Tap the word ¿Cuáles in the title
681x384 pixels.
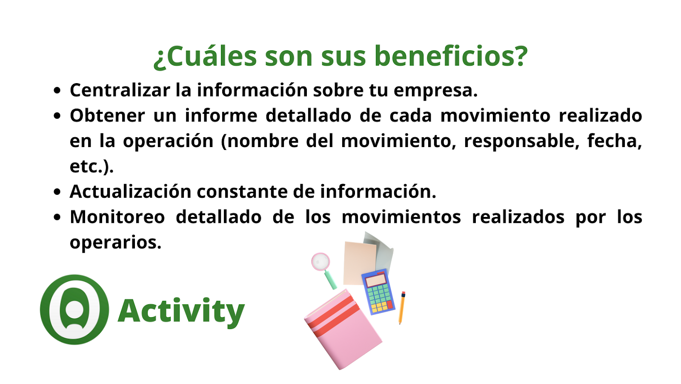click(206, 57)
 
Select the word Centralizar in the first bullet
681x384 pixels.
click(120, 90)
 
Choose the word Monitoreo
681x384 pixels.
click(117, 217)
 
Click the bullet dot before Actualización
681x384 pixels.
click(57, 192)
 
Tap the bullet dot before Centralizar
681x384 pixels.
click(57, 91)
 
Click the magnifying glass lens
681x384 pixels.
click(321, 262)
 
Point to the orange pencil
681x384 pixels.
click(402, 308)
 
